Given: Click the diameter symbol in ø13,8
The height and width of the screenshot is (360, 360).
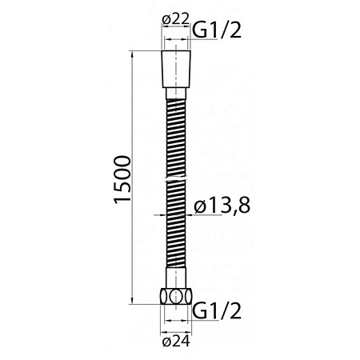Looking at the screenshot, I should [200, 206].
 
